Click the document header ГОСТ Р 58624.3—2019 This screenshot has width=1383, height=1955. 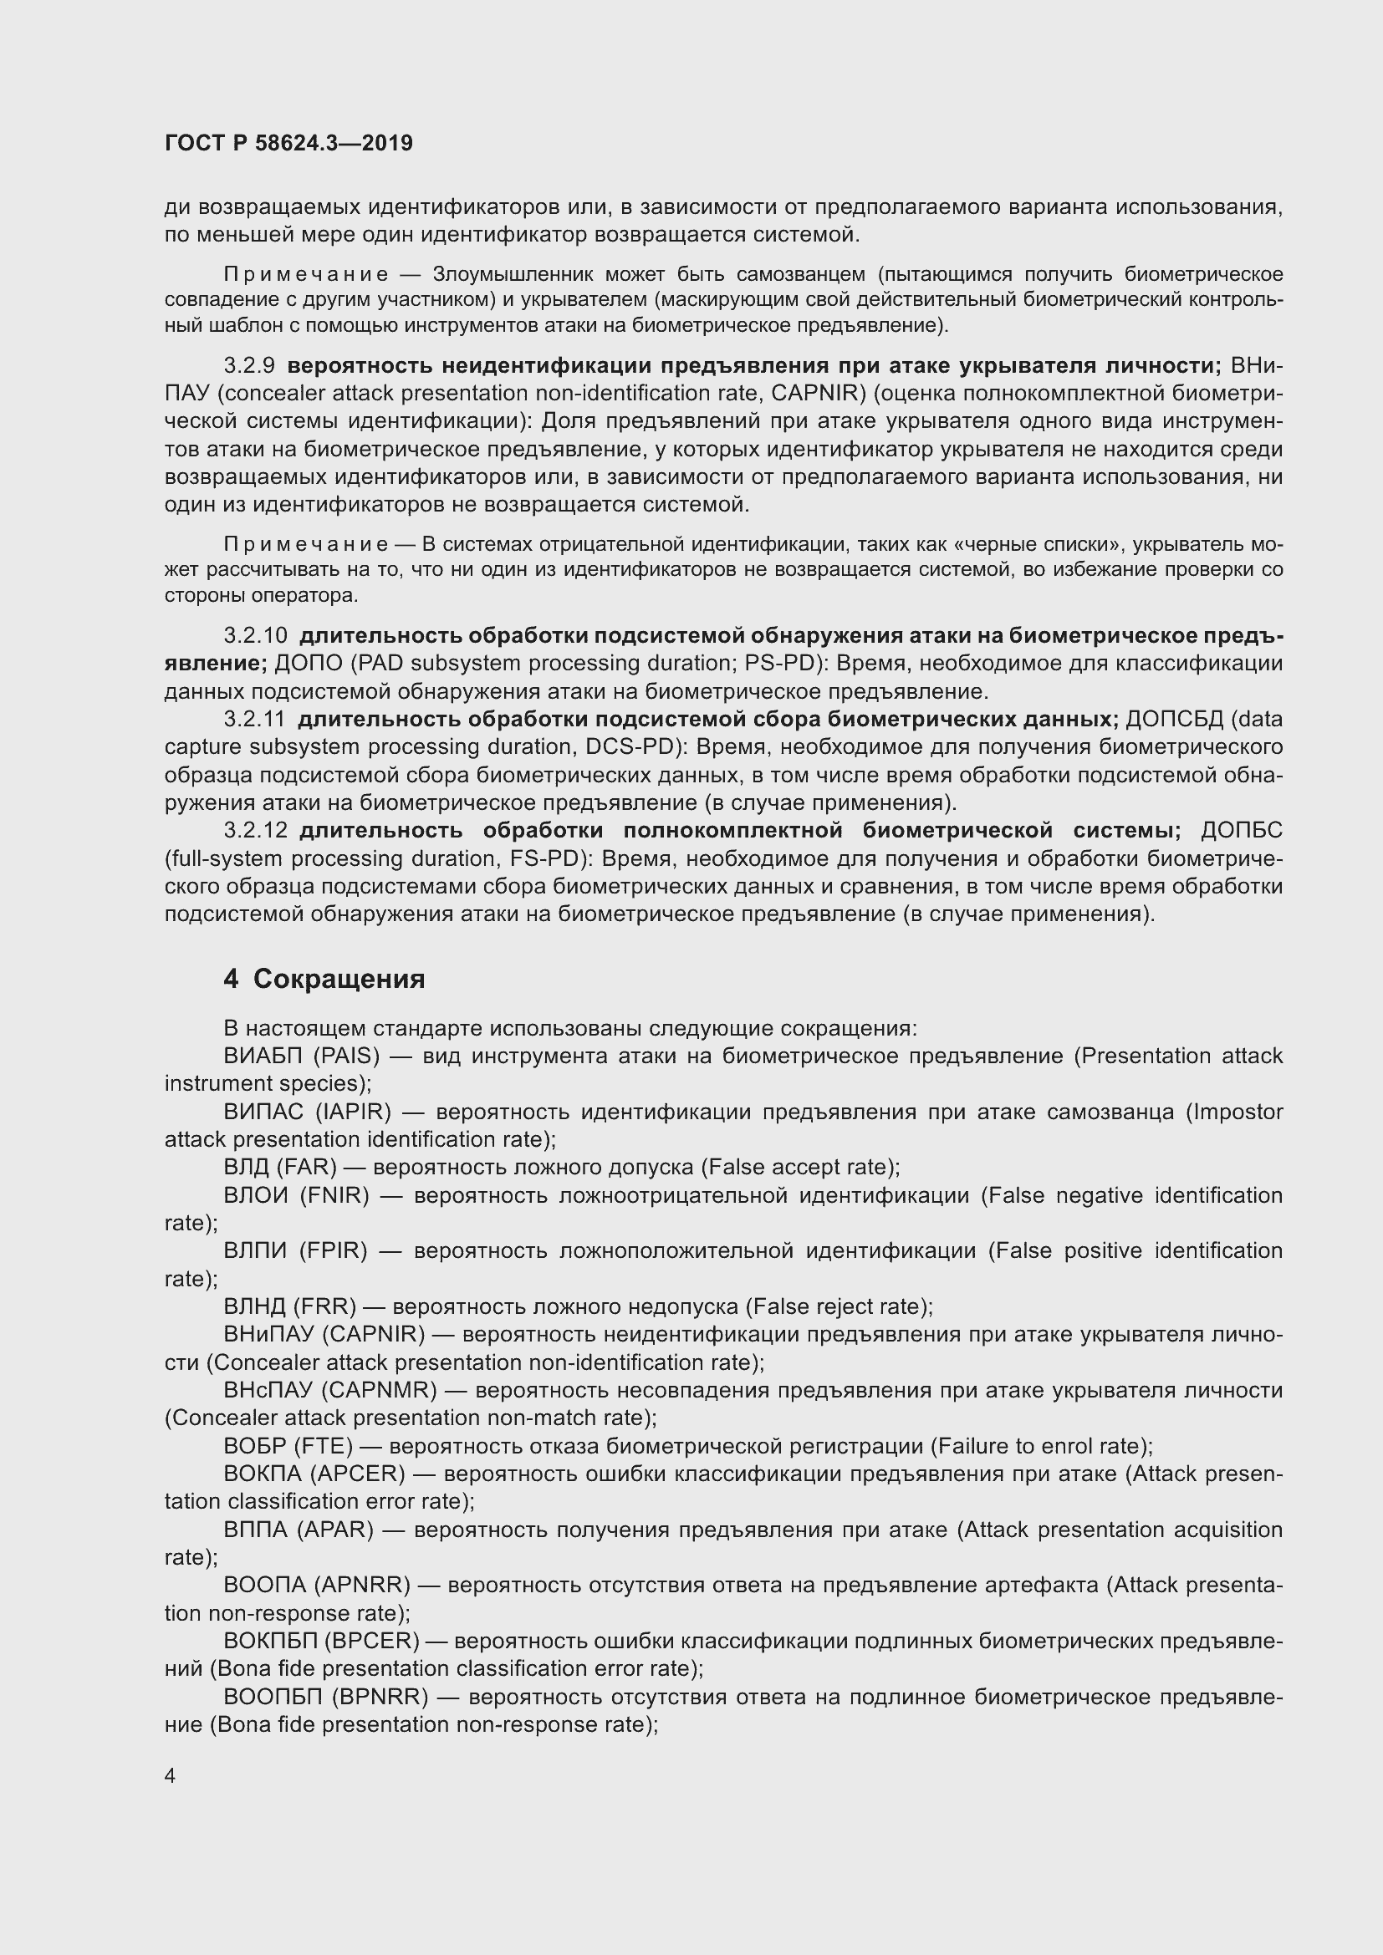[x=288, y=143]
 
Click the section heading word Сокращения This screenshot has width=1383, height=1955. [x=339, y=980]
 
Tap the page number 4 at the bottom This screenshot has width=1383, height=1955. [x=171, y=1776]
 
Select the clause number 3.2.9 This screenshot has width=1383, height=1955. [x=248, y=366]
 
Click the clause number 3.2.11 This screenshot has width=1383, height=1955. [x=254, y=720]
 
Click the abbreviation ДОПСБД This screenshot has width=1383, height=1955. [x=1174, y=720]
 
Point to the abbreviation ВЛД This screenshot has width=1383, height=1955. [x=244, y=1168]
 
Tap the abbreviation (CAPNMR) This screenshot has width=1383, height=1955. [x=379, y=1391]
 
